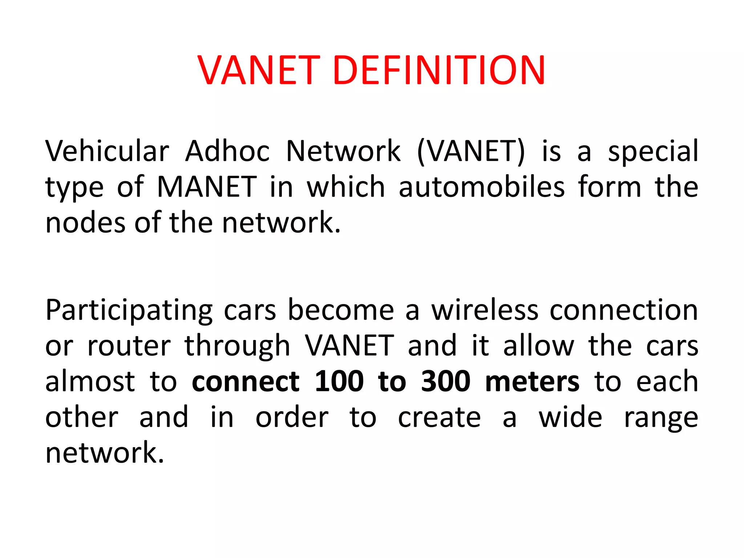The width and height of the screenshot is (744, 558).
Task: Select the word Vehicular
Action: click(107, 151)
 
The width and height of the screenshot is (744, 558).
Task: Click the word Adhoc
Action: click(227, 151)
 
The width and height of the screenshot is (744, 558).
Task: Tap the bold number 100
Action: click(339, 381)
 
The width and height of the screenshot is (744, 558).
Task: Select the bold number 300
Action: click(446, 381)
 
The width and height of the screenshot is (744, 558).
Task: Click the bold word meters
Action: click(532, 381)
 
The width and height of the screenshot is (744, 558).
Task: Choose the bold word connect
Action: click(246, 381)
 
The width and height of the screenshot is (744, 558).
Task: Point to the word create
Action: click(439, 417)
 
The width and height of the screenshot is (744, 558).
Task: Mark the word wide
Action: click(570, 417)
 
